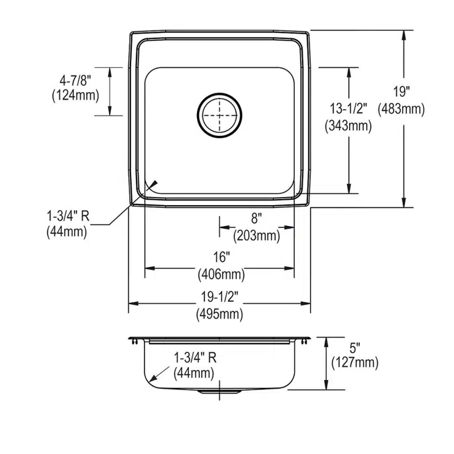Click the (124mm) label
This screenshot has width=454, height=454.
point(75,96)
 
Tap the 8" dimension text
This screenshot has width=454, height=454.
point(256,218)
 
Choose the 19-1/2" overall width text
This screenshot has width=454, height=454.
point(219,296)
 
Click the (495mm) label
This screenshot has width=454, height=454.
point(219,313)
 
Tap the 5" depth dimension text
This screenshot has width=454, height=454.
point(354,348)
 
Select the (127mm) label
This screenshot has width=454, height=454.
point(355,363)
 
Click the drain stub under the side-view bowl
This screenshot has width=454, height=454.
point(219,391)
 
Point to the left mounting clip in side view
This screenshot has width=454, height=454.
point(137,343)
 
